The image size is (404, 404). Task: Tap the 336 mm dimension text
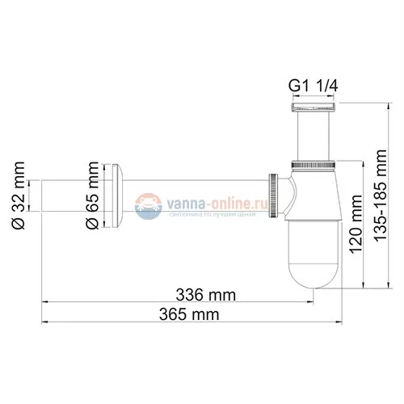pos(200,292)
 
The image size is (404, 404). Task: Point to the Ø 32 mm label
pos(21,198)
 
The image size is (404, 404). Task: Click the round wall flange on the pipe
pos(120,198)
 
